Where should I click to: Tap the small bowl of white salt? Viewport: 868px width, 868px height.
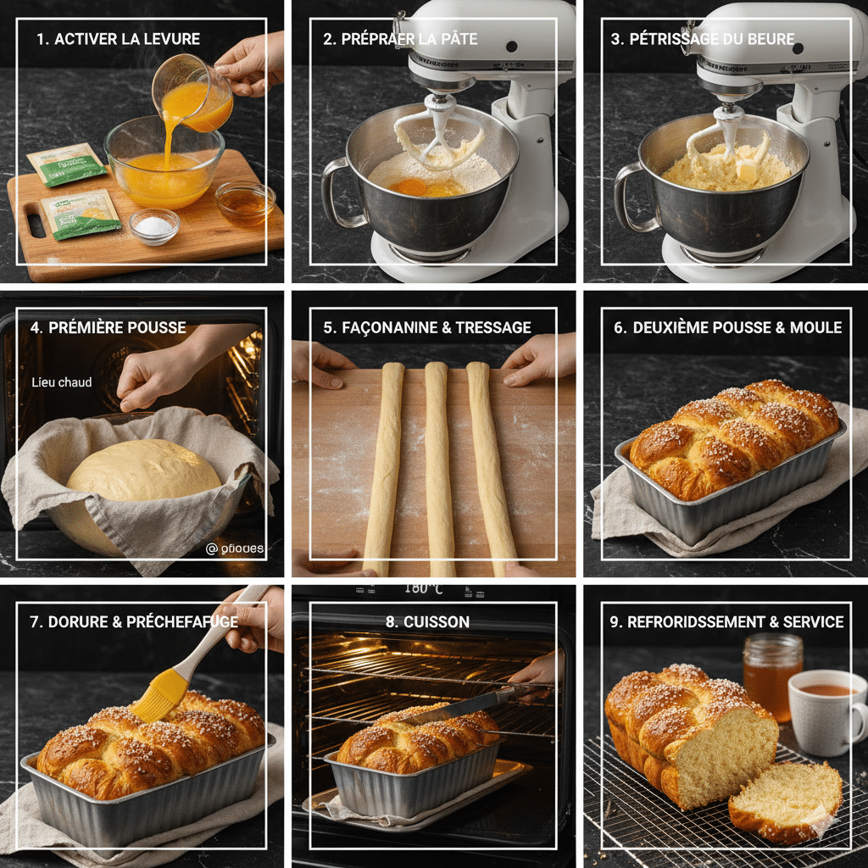click(x=154, y=225)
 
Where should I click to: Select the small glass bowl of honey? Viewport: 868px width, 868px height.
click(x=245, y=201)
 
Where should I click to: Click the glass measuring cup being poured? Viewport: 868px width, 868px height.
click(x=193, y=95)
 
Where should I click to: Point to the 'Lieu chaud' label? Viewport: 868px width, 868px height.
click(x=61, y=382)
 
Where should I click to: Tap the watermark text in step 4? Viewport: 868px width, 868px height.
click(x=235, y=548)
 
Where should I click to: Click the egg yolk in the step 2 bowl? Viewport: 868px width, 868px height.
click(x=408, y=186)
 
